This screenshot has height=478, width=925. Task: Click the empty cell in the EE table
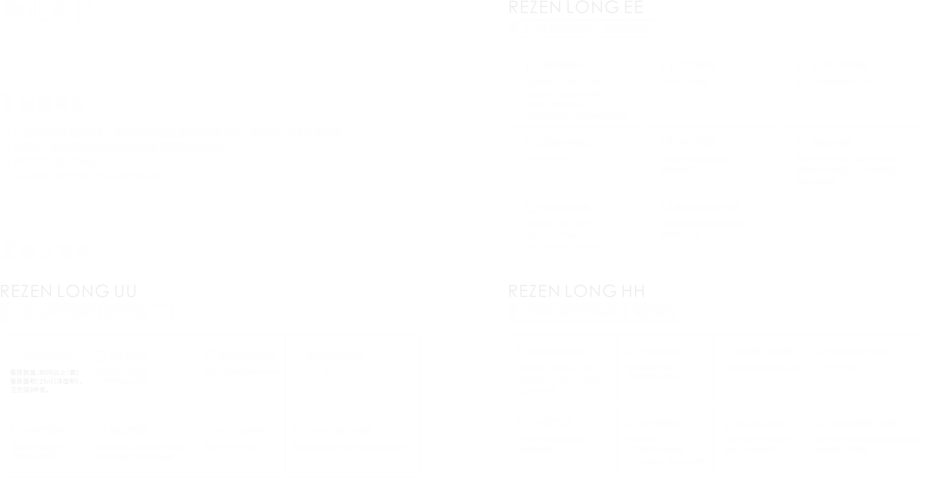point(852,224)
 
